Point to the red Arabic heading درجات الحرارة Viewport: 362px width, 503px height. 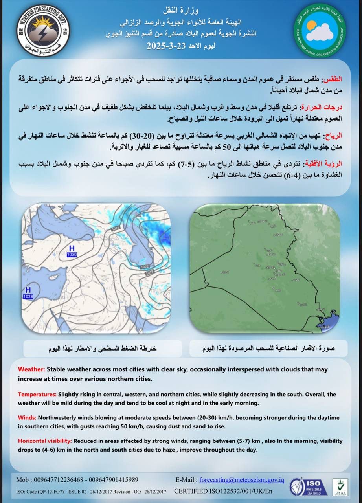pyautogui.click(x=323, y=107)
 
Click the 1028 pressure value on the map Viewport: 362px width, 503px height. pyautogui.click(x=28, y=297)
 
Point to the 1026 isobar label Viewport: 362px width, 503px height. pyautogui.click(x=115, y=228)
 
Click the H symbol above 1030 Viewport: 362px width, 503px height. pyautogui.click(x=72, y=248)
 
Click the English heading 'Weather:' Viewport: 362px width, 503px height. pyautogui.click(x=32, y=369)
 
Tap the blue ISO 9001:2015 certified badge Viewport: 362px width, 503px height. pyautogui.click(x=309, y=486)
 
